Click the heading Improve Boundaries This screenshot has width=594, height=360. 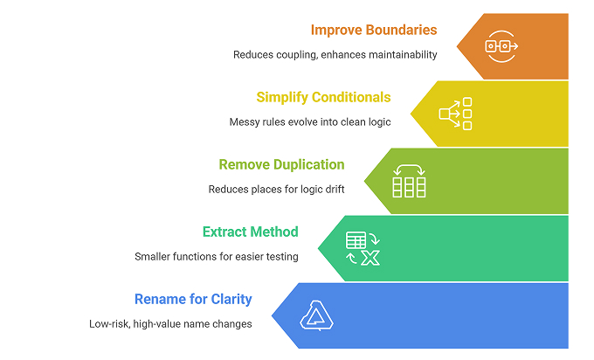(374, 31)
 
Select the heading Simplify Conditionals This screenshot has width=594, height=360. (323, 97)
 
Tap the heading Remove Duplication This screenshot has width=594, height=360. (281, 164)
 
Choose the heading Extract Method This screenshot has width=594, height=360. (250, 232)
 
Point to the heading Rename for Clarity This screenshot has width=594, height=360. (193, 299)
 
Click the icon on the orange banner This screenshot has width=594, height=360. (501, 45)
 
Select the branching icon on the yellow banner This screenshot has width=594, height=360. (455, 113)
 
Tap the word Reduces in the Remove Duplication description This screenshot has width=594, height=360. (229, 190)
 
